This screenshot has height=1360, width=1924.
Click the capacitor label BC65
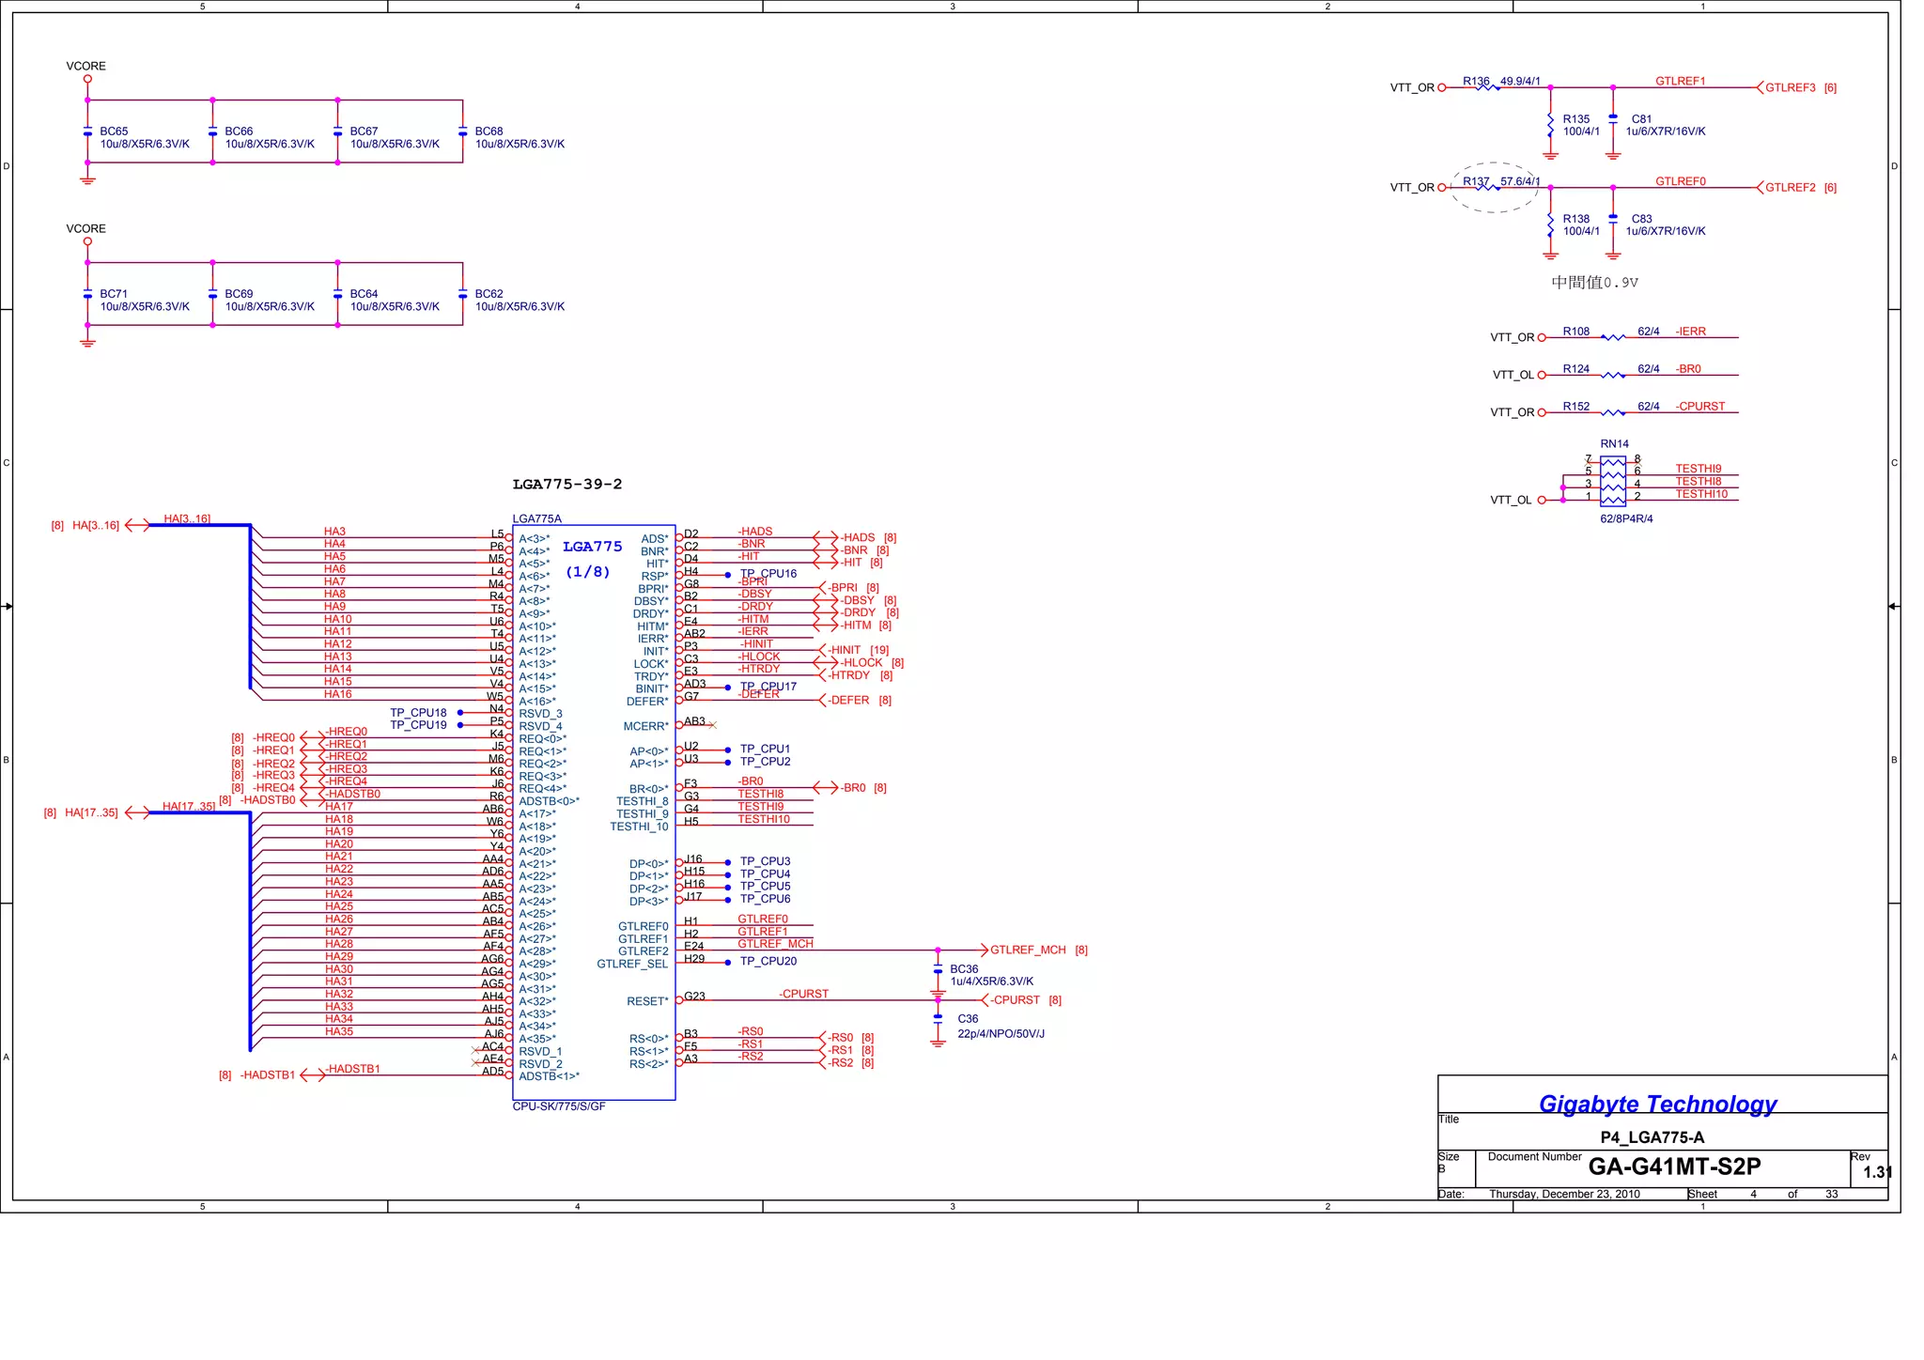click(114, 131)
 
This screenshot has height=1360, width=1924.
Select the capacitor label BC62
click(489, 294)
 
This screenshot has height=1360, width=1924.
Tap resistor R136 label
click(1476, 82)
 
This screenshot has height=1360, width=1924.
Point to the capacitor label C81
click(1641, 119)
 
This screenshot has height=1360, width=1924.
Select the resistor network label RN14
click(1614, 444)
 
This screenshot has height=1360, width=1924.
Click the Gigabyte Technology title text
click(1657, 1105)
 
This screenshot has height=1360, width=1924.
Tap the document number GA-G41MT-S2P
click(1674, 1167)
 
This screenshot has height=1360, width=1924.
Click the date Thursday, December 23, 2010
click(1564, 1195)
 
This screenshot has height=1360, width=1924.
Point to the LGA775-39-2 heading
click(566, 485)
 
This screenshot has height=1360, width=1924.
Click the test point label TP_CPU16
click(768, 574)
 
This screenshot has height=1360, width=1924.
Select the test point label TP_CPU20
click(768, 962)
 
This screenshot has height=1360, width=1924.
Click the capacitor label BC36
click(964, 969)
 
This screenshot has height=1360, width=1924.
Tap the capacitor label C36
click(968, 1019)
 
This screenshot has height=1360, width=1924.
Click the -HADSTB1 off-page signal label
click(268, 1075)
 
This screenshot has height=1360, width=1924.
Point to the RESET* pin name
click(647, 1002)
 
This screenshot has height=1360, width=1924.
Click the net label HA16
click(337, 695)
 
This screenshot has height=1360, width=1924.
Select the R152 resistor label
click(1576, 407)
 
